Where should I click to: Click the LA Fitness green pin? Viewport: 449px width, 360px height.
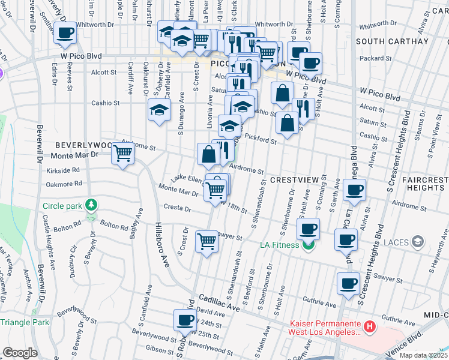tap(309, 245)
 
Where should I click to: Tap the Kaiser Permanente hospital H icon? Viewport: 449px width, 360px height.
tap(370, 327)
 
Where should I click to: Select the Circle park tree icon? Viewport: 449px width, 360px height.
tap(91, 206)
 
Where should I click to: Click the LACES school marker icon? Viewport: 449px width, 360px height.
tap(417, 242)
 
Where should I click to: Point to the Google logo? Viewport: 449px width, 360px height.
tap(20, 353)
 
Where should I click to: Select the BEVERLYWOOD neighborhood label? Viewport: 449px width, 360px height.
tap(83, 145)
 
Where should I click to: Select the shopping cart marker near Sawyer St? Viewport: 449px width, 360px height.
tap(207, 241)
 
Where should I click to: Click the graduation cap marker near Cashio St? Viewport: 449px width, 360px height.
tap(159, 109)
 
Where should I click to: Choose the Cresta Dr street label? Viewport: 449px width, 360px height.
tap(179, 209)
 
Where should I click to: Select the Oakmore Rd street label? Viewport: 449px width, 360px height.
tap(63, 184)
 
